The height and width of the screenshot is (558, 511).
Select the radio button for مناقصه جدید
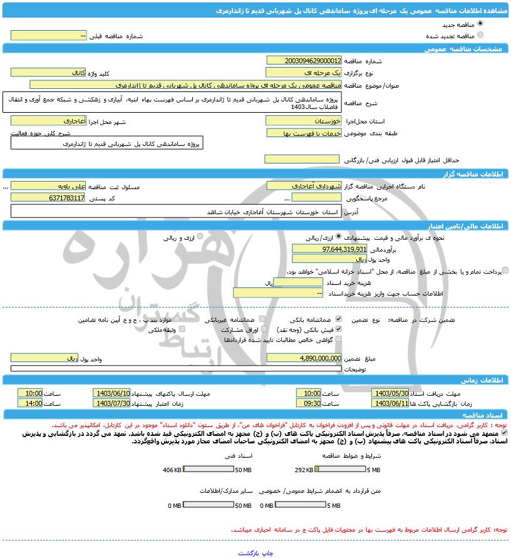480,24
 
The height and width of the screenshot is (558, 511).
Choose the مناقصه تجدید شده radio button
480,35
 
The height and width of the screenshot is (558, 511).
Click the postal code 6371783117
48,197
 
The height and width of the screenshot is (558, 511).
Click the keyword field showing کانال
48,73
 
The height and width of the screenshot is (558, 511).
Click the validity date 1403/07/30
111,403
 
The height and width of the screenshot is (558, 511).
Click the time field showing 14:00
29,403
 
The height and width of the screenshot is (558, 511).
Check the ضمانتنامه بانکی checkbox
339,319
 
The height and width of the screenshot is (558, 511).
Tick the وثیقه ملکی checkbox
182,329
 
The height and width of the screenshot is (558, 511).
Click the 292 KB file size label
304,470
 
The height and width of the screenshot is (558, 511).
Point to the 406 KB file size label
172,470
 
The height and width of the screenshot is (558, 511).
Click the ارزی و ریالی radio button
200,237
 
